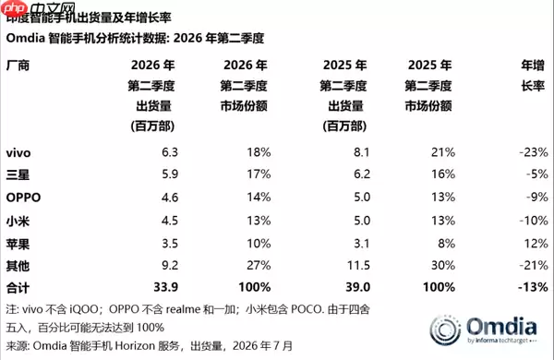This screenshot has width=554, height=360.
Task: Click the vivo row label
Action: point(18,152)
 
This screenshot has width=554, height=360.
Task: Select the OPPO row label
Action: point(23,198)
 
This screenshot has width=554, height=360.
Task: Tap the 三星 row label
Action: point(18,174)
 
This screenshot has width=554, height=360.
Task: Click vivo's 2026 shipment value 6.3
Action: point(170,152)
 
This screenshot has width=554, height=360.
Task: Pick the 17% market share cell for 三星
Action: point(259,174)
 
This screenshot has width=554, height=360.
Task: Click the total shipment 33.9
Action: point(165,287)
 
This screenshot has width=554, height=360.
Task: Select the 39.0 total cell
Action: point(358,287)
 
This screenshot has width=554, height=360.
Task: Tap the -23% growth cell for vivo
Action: point(534,152)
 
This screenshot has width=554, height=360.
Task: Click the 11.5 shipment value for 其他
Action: point(358,265)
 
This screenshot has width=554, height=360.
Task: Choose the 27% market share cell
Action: point(259,265)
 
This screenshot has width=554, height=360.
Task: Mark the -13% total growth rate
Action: point(533,287)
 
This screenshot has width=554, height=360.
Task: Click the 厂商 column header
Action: point(18,66)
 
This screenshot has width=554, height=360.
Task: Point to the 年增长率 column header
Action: point(533,76)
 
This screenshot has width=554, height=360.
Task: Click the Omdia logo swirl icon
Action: point(445,330)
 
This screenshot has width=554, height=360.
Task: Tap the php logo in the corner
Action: point(14,8)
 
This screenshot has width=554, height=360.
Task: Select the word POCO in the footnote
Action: point(306,309)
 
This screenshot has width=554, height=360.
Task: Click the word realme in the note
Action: point(183,309)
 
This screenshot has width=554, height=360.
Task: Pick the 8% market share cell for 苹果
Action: point(446,244)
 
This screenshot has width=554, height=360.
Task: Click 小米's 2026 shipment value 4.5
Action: point(170,221)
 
